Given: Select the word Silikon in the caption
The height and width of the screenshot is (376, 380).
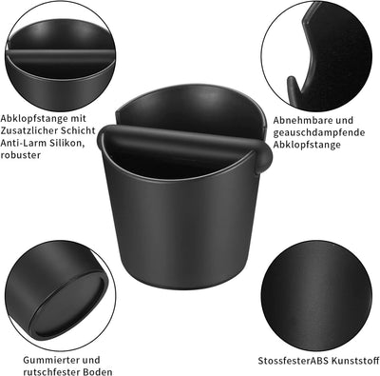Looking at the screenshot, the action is click(x=66, y=143).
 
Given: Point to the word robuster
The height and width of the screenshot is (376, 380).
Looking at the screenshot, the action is click(x=21, y=155).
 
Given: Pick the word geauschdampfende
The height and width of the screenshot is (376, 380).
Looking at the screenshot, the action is click(x=319, y=133).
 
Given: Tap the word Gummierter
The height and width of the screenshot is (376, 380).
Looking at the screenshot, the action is click(x=52, y=360).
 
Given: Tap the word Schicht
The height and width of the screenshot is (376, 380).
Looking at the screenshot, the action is click(x=81, y=130).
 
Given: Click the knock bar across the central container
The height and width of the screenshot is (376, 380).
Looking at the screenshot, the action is click(x=184, y=141).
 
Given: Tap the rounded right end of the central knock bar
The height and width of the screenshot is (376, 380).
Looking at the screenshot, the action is click(x=265, y=154).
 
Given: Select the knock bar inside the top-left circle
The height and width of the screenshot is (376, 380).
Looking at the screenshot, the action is click(x=60, y=53).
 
